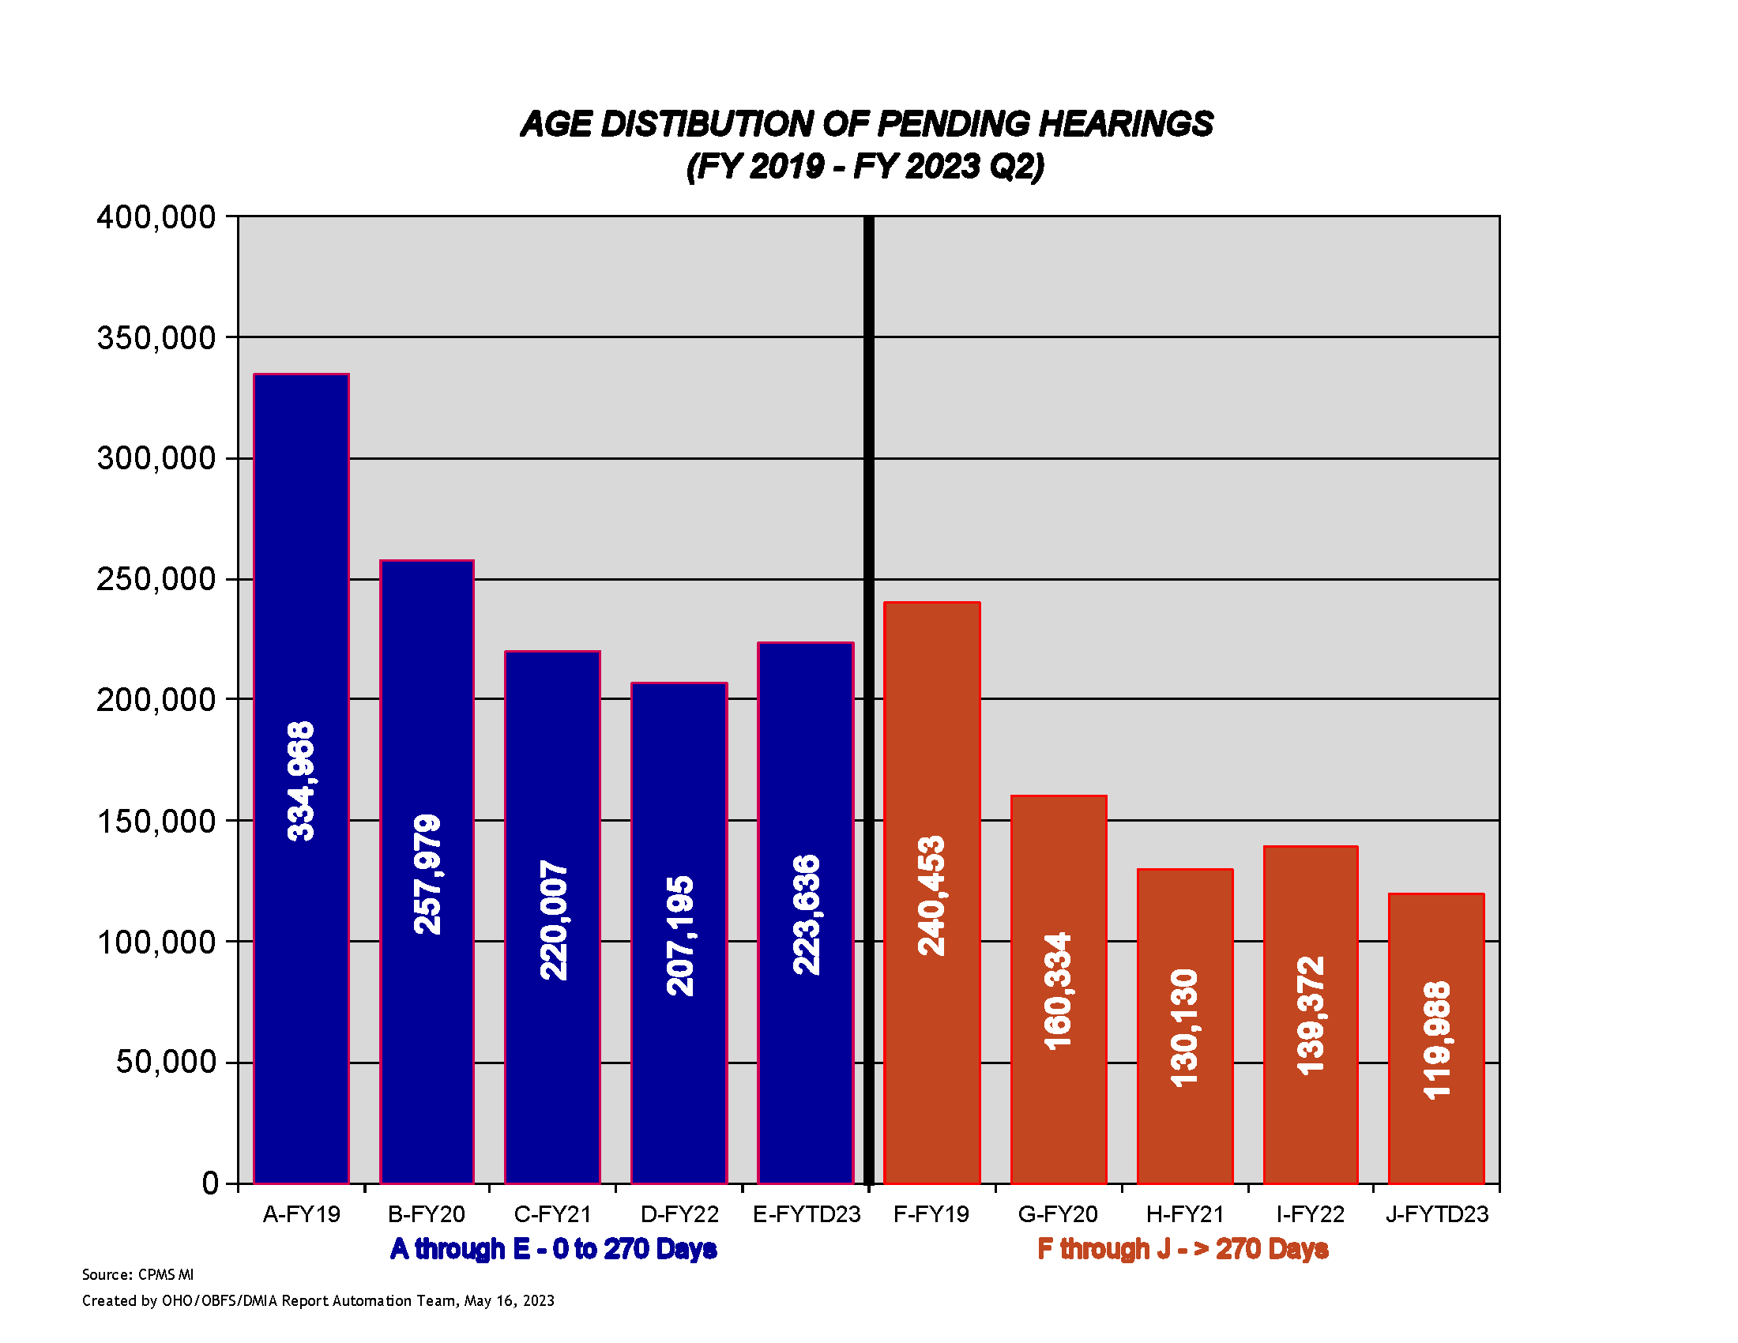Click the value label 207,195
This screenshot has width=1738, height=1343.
pyautogui.click(x=680, y=935)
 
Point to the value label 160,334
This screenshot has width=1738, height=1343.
pyautogui.click(x=1059, y=991)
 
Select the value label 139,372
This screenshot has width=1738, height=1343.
pyautogui.click(x=1311, y=1015)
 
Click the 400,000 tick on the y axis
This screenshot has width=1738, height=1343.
pyautogui.click(x=156, y=217)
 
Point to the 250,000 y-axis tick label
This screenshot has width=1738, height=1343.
pyautogui.click(x=156, y=579)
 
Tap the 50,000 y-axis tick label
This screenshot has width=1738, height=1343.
pyautogui.click(x=166, y=1062)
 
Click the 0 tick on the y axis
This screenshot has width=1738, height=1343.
pyautogui.click(x=210, y=1183)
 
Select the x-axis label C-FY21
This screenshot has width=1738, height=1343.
pyautogui.click(x=552, y=1214)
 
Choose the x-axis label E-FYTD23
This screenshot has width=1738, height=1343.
pyautogui.click(x=806, y=1214)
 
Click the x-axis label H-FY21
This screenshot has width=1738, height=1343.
pyautogui.click(x=1184, y=1214)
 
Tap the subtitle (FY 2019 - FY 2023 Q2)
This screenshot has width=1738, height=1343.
pyautogui.click(x=865, y=167)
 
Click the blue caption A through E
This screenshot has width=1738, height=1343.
pyautogui.click(x=553, y=1249)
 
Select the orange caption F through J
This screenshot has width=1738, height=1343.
pyautogui.click(x=1183, y=1249)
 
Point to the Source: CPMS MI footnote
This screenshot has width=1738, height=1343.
pyautogui.click(x=137, y=1274)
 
